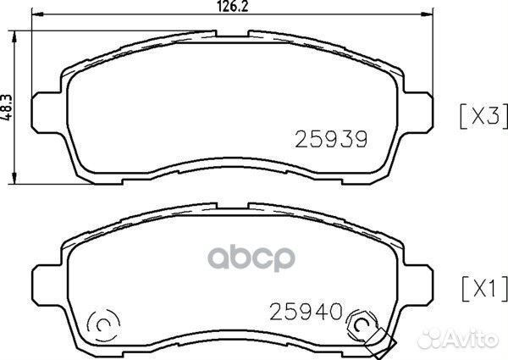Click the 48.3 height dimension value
7,108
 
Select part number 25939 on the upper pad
331,139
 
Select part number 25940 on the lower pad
306,312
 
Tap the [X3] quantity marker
483,116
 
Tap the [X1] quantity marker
484,288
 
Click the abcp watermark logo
251,258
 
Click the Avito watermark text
457,339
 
